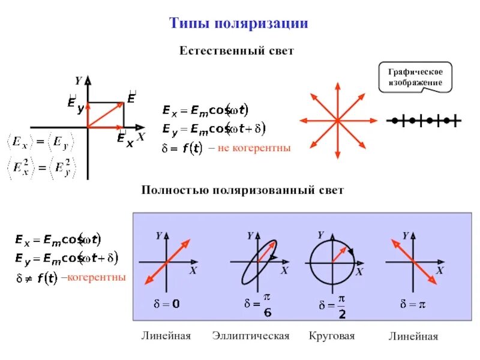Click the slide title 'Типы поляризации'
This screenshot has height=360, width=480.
pyautogui.click(x=239, y=23)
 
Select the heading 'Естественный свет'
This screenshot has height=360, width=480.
pyautogui.click(x=236, y=51)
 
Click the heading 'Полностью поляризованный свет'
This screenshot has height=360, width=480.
pyautogui.click(x=242, y=191)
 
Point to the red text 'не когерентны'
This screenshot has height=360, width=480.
pyautogui.click(x=254, y=148)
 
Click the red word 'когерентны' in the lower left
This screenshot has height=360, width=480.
pyautogui.click(x=96, y=277)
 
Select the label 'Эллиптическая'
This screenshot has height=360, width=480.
pyautogui.click(x=251, y=336)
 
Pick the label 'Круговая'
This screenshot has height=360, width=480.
pyautogui.click(x=332, y=336)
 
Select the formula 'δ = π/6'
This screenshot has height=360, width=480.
pyautogui.click(x=259, y=305)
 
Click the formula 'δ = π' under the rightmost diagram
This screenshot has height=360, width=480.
pyautogui.click(x=413, y=304)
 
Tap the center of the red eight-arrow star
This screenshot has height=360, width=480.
pyautogui.click(x=337, y=121)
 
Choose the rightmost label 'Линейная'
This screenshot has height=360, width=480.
pyautogui.click(x=413, y=337)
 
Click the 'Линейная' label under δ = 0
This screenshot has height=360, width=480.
pyautogui.click(x=166, y=336)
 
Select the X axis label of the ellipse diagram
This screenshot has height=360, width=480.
pyautogui.click(x=284, y=271)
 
